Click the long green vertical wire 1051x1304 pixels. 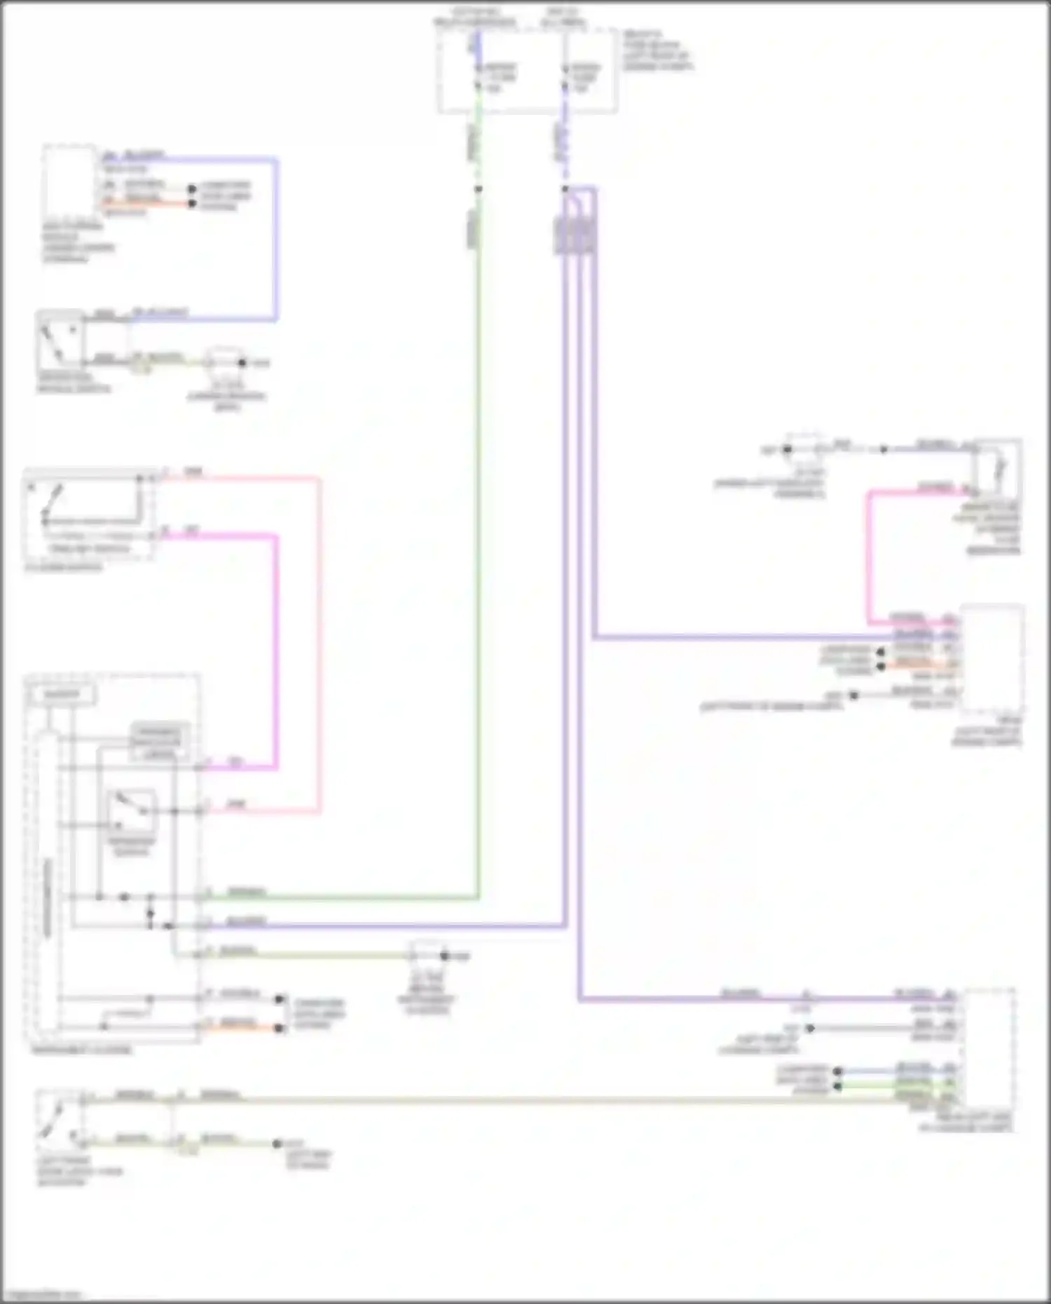[479, 561]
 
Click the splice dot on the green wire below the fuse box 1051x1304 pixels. [479, 189]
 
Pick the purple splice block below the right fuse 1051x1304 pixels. [576, 235]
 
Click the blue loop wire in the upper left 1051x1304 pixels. [276, 238]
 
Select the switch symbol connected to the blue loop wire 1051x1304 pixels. [61, 340]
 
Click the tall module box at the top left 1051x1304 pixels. [69, 182]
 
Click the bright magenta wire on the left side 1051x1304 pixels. [275, 652]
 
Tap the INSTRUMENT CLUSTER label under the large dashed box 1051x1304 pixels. [81, 1050]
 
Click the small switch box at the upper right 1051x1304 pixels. [997, 466]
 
